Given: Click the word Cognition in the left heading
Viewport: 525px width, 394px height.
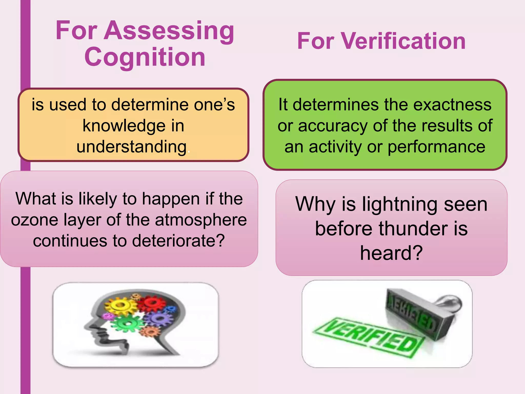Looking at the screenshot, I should coord(145,57).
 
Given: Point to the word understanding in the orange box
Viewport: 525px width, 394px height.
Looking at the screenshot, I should coord(132,147).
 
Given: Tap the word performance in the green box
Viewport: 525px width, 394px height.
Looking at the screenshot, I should coord(436,147).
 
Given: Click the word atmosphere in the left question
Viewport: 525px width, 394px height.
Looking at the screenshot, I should coord(201,220).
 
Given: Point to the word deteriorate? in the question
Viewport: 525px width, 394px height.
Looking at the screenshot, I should coord(178,241).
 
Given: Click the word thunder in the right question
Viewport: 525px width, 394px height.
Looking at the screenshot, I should coord(413,229).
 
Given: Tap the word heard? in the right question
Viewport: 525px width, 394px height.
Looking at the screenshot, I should coord(391,253).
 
